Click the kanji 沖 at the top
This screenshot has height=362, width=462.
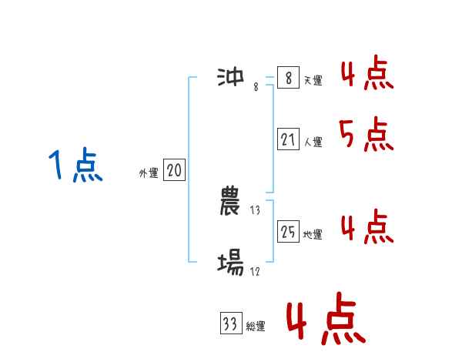(x=230, y=77)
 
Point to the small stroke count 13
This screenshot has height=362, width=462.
(x=256, y=209)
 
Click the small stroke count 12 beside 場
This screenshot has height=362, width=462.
(x=255, y=271)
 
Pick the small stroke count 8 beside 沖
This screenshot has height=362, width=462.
(x=256, y=87)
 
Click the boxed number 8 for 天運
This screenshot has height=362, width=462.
(x=288, y=79)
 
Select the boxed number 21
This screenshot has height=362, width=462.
(x=288, y=139)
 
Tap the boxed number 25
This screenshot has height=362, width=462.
(x=288, y=232)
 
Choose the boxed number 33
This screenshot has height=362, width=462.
(x=229, y=324)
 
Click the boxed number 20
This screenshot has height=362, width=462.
(x=174, y=171)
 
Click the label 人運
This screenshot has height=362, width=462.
(x=313, y=142)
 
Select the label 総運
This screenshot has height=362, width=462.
(x=255, y=327)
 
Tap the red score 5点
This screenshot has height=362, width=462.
(x=367, y=136)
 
